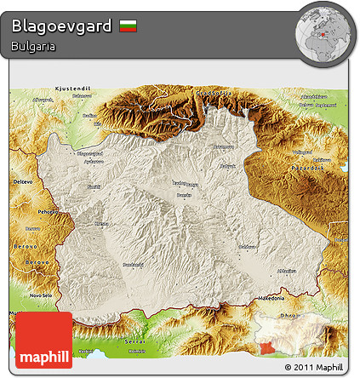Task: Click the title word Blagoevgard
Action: [61, 26]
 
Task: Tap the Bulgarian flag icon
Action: [128, 26]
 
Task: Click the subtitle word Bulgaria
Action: [34, 47]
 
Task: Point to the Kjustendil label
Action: [68, 88]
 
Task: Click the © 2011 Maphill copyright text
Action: [314, 368]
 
